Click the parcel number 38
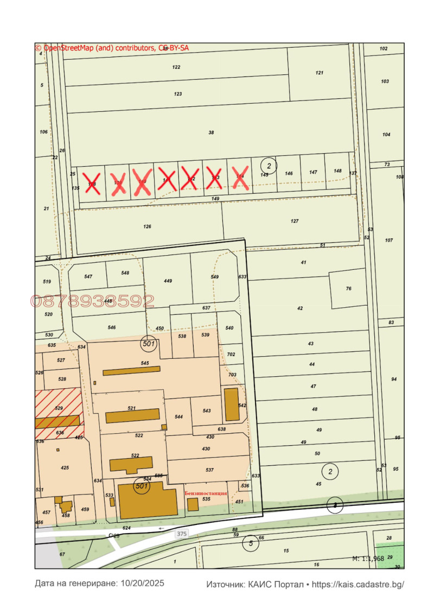pos(211,132)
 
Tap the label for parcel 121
pos(320,73)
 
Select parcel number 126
pos(147,226)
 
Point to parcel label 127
pos(295,221)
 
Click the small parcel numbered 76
pos(349,288)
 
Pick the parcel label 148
pos(337,170)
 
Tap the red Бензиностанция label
pos(206,492)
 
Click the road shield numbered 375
pos(181,534)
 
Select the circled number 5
pos(250,542)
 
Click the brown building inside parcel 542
pos(232,404)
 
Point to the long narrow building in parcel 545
pos(132,370)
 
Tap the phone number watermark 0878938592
pos(92,301)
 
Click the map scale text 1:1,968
pos(368,558)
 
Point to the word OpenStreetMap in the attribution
pos(69,48)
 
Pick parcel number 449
pos(168,281)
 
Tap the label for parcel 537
pos(209,470)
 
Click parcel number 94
pos(394,379)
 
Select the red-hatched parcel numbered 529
pos(59,407)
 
